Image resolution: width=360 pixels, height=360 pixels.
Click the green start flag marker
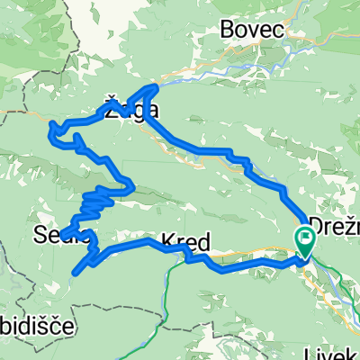tap(303, 241)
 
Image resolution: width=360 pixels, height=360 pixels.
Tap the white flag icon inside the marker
tap(303, 238)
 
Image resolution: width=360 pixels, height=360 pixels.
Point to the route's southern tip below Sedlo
tap(81, 269)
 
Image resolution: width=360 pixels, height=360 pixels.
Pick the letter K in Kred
tap(167, 241)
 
